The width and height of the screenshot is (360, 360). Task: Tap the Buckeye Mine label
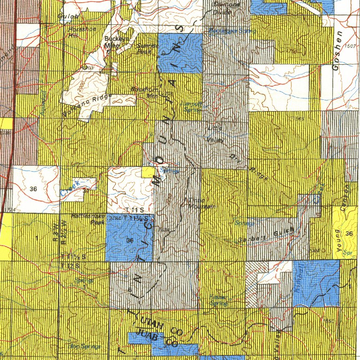pos(112,42)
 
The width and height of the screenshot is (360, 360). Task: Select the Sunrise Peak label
pos(147,49)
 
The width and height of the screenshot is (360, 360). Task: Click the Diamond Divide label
pos(226,8)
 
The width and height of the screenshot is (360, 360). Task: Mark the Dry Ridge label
pos(249,167)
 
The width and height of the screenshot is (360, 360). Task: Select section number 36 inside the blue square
pos(130,240)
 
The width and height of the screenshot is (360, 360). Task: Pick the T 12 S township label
pos(69,265)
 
